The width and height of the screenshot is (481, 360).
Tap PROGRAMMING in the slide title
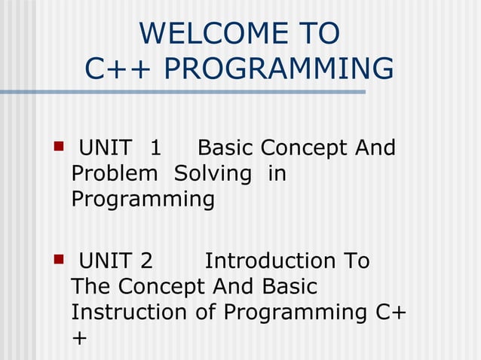coord(278,69)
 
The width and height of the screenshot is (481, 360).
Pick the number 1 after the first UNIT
coord(155,148)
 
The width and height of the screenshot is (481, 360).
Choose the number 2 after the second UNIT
coord(146,261)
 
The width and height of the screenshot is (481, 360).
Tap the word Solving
coord(213,174)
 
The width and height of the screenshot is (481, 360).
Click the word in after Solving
coord(277,174)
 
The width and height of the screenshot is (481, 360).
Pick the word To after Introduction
coord(356,261)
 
